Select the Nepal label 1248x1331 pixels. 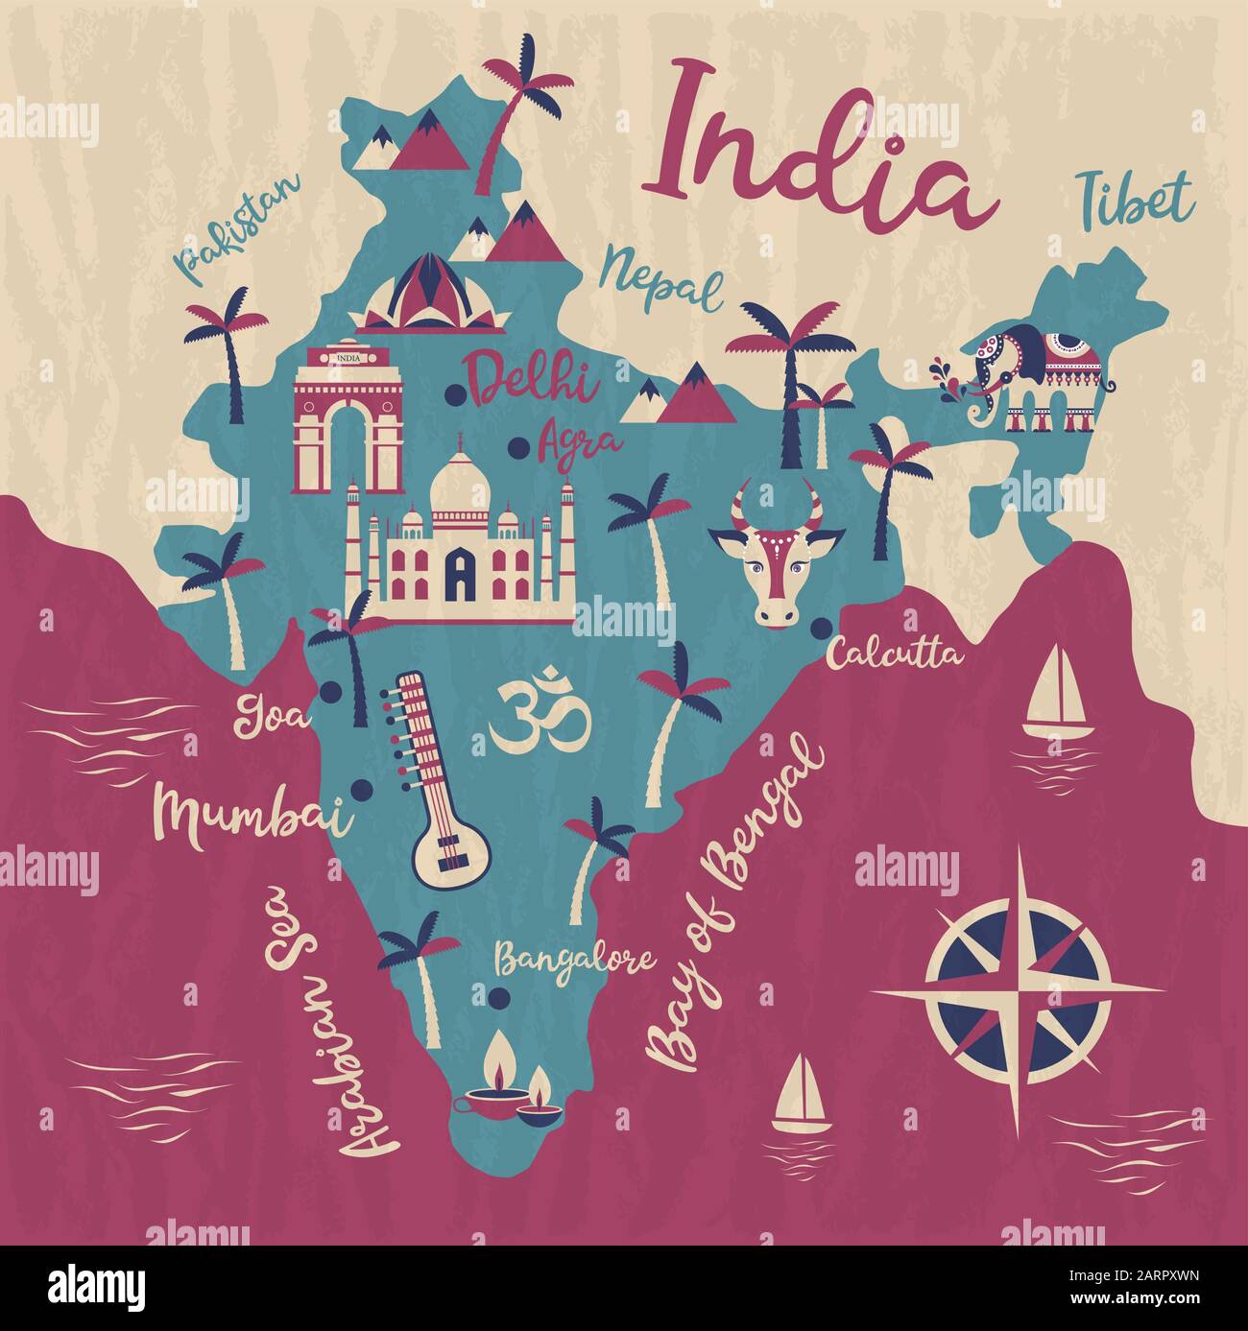click(x=661, y=277)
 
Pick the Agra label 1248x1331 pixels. click(x=580, y=441)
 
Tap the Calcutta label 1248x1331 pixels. click(x=895, y=655)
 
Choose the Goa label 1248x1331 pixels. click(x=272, y=716)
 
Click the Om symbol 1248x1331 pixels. click(x=540, y=717)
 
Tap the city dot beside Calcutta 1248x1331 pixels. click(x=821, y=628)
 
